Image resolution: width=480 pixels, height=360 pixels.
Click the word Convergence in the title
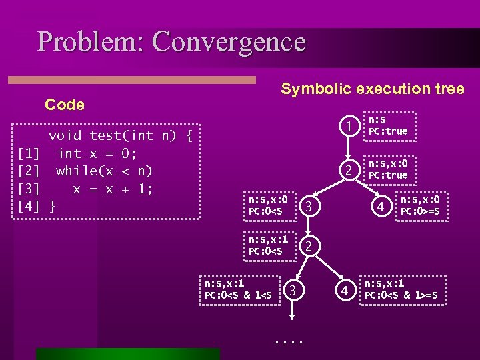pyautogui.click(x=229, y=41)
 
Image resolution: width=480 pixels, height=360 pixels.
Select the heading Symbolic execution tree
pyautogui.click(x=372, y=89)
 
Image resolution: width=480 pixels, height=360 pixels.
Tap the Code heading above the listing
pyautogui.click(x=65, y=105)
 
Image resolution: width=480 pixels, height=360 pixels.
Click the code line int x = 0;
pyautogui.click(x=97, y=153)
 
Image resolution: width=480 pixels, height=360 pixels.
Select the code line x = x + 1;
pyautogui.click(x=113, y=189)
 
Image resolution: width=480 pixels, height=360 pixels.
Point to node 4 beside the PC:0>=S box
pyautogui.click(x=379, y=207)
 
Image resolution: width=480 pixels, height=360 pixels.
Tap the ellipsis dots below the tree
pyautogui.click(x=289, y=341)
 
